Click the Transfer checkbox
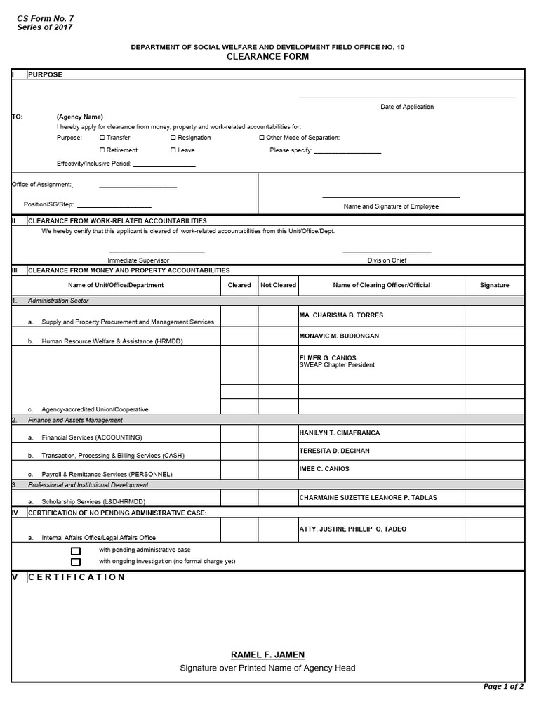102,138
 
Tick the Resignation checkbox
173,138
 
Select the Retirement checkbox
102,150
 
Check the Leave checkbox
173,150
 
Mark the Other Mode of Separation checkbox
262,138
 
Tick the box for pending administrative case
76,551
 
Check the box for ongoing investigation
76,562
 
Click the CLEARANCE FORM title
267,57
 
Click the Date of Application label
407,107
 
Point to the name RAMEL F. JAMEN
267,654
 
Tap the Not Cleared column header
278,285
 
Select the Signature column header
494,285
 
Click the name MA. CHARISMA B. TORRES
341,315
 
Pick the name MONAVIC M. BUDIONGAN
339,336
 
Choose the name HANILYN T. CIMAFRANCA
339,433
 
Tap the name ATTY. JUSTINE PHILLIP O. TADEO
352,529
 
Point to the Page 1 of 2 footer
503,687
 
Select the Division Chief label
387,260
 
